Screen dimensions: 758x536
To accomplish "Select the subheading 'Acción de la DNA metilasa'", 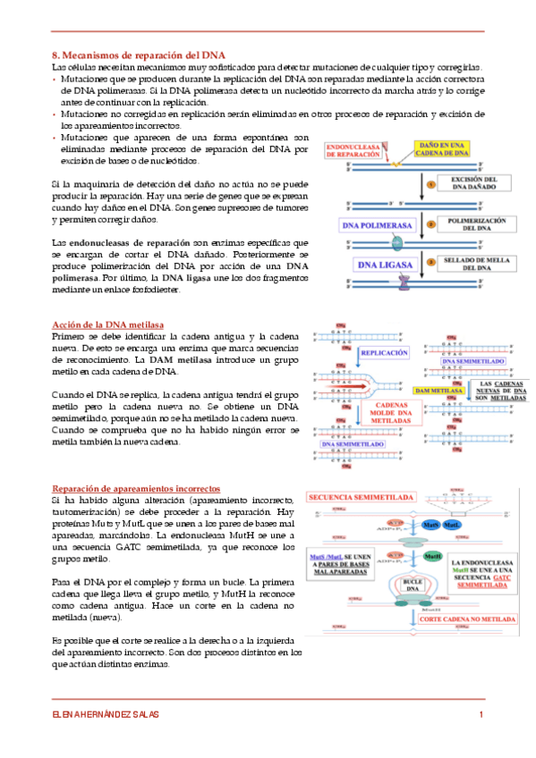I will [106, 324].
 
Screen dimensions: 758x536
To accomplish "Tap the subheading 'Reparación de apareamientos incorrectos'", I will [135, 489].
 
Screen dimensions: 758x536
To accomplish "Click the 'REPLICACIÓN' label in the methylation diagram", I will [383, 353].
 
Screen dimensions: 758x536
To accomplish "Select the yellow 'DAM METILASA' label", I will [438, 392].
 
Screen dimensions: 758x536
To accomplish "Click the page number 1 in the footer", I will [481, 714].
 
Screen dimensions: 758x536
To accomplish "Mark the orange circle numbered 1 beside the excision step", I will [430, 185].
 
